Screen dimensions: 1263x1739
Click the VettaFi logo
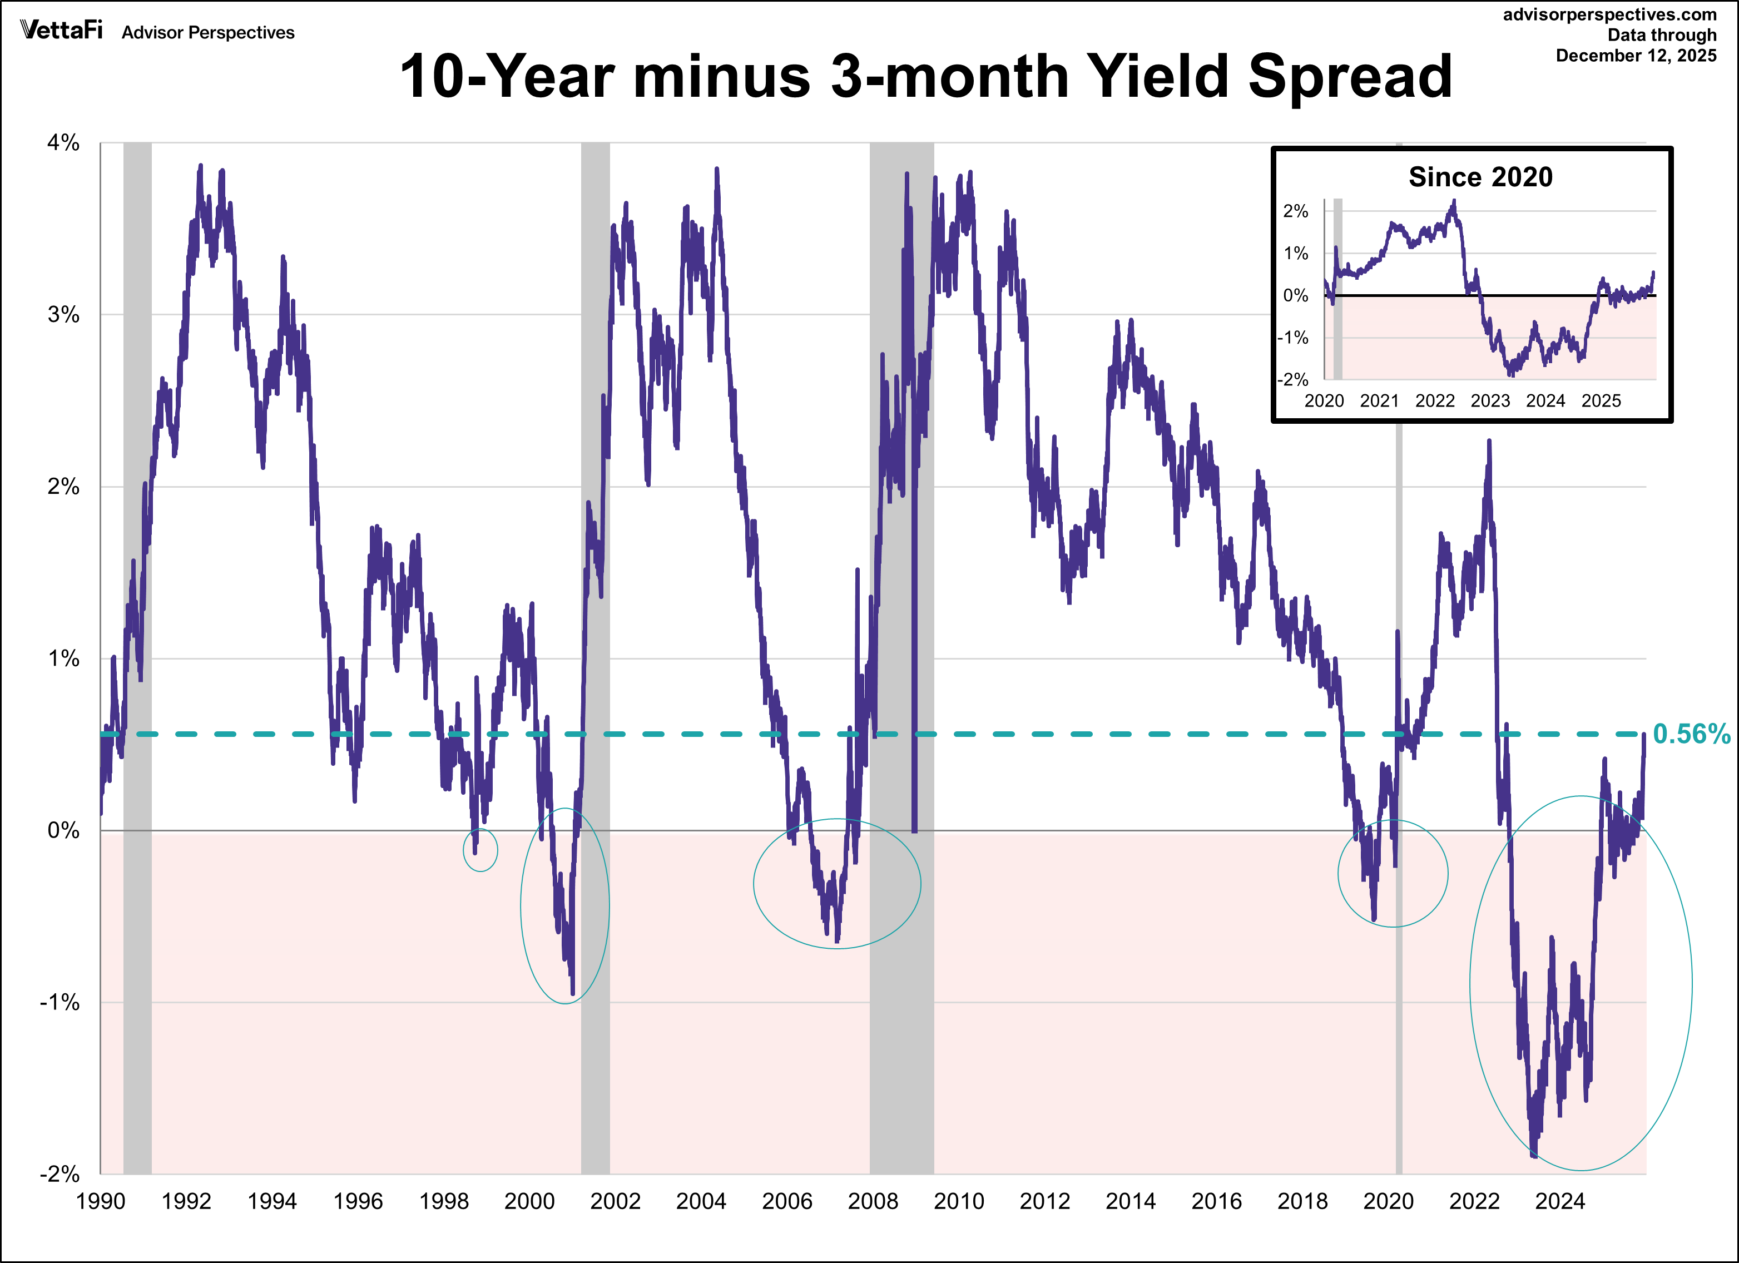coord(61,30)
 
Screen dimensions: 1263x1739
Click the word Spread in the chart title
coord(1350,77)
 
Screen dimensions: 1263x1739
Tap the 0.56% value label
coord(1691,734)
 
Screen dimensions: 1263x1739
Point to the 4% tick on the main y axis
coord(63,142)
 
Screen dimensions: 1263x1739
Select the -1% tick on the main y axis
coord(60,1002)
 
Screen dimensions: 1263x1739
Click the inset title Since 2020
coord(1480,177)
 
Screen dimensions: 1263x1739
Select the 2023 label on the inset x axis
coord(1490,401)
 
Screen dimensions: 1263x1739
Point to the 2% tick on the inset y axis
coord(1295,212)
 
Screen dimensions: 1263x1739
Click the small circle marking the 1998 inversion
coord(480,850)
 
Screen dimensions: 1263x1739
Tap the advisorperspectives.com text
coord(1609,14)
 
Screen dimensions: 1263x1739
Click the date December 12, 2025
coord(1636,56)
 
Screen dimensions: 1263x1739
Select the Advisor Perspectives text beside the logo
coord(208,33)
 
